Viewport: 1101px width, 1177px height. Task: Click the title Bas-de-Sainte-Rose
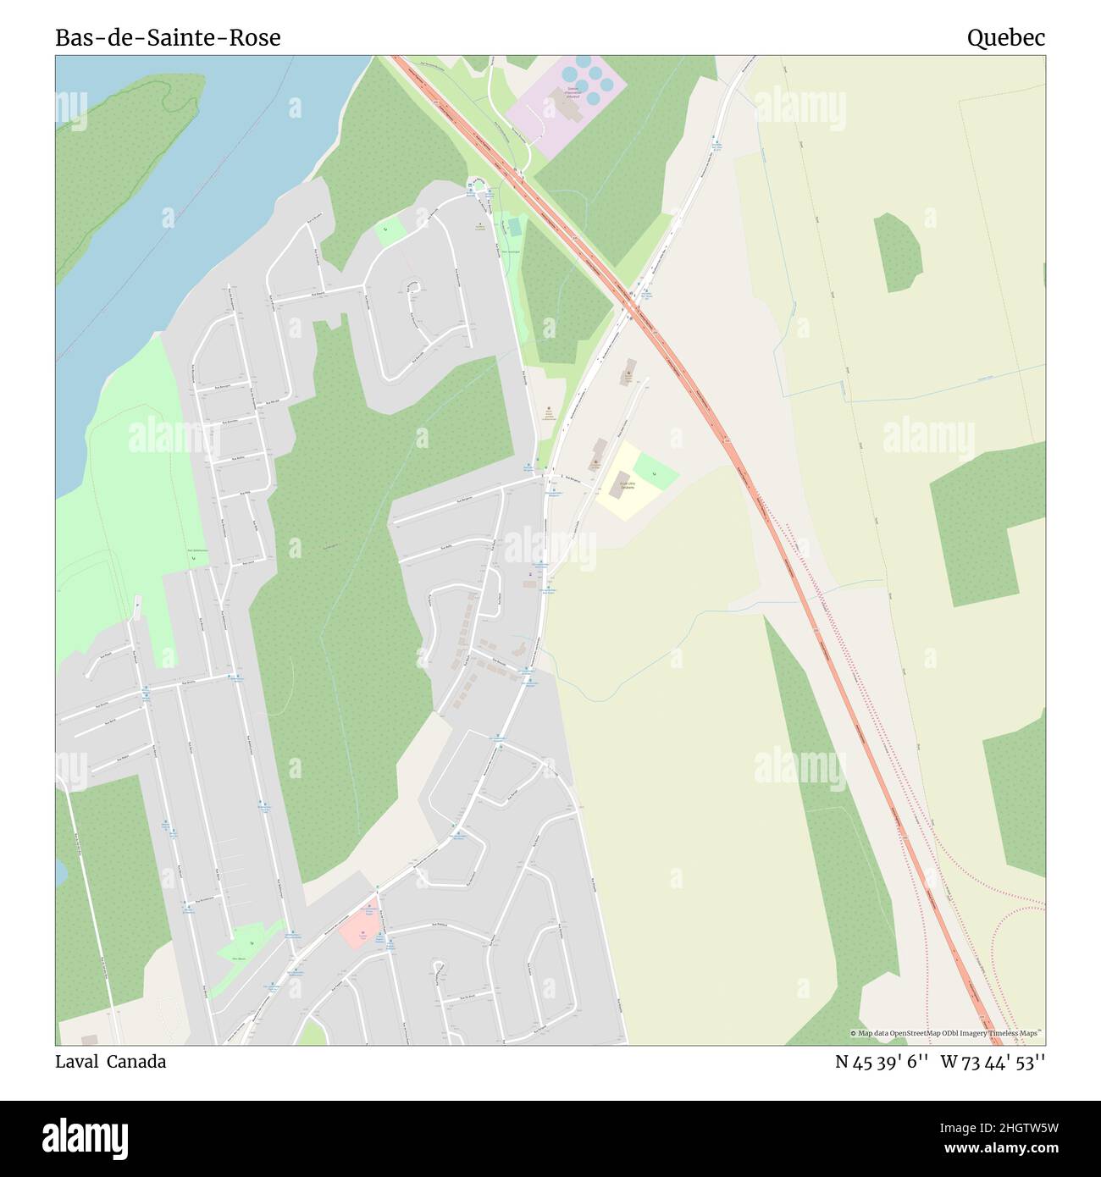(x=168, y=37)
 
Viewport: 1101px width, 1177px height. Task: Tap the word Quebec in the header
(x=1006, y=37)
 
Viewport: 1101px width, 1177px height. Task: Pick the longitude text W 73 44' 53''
(x=993, y=1062)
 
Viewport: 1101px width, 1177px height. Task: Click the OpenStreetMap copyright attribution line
(x=947, y=1033)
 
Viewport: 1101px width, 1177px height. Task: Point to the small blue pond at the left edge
(x=61, y=870)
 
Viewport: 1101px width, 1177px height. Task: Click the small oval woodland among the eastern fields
(x=897, y=251)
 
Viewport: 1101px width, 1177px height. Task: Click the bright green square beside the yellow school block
(x=656, y=471)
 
